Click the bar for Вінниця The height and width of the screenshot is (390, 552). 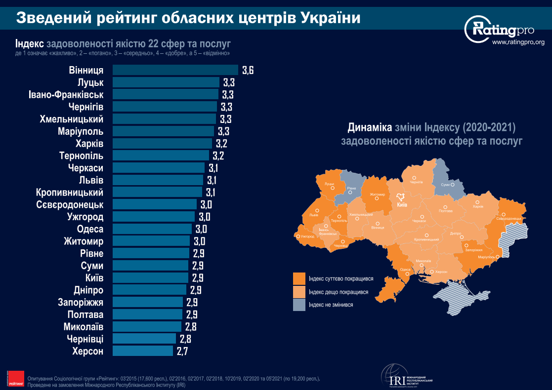[175, 70]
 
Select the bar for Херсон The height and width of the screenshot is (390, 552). [143, 351]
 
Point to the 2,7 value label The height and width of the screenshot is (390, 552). [182, 351]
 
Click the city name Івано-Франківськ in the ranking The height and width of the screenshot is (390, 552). [66, 94]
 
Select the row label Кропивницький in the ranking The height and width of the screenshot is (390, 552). [70, 192]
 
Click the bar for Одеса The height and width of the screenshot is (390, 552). [152, 229]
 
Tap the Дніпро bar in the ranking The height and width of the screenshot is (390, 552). [150, 290]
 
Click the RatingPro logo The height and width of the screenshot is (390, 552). [500, 30]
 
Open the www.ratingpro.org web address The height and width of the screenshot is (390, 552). [518, 42]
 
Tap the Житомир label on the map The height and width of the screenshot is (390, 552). [378, 195]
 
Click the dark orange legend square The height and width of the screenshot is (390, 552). [299, 279]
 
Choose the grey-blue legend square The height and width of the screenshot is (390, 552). [299, 305]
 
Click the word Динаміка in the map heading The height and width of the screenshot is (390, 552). [369, 128]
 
